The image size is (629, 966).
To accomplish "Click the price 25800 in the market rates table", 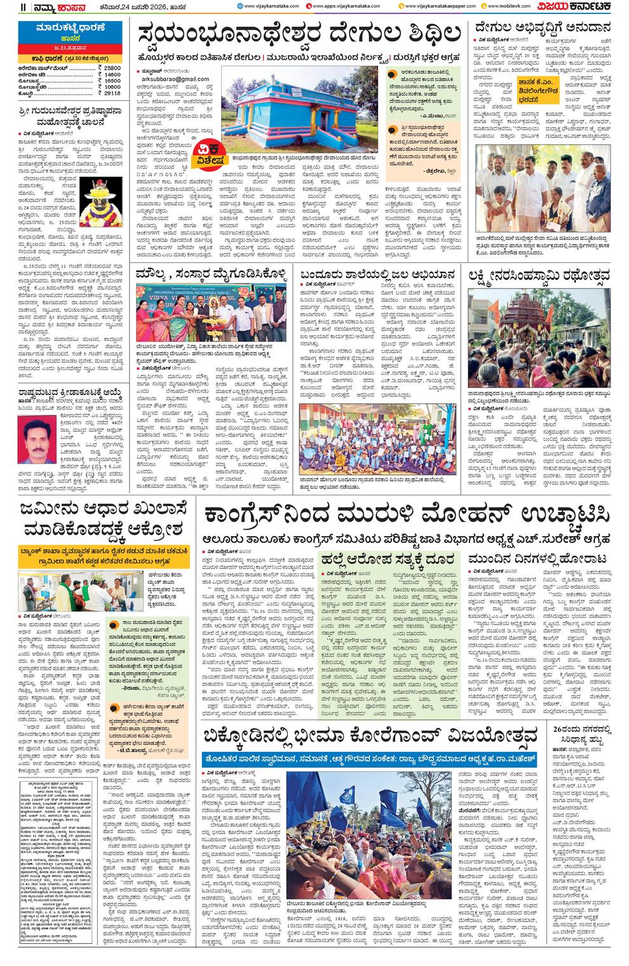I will tap(112, 67).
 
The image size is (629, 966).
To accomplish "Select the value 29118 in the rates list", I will tap(112, 93).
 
